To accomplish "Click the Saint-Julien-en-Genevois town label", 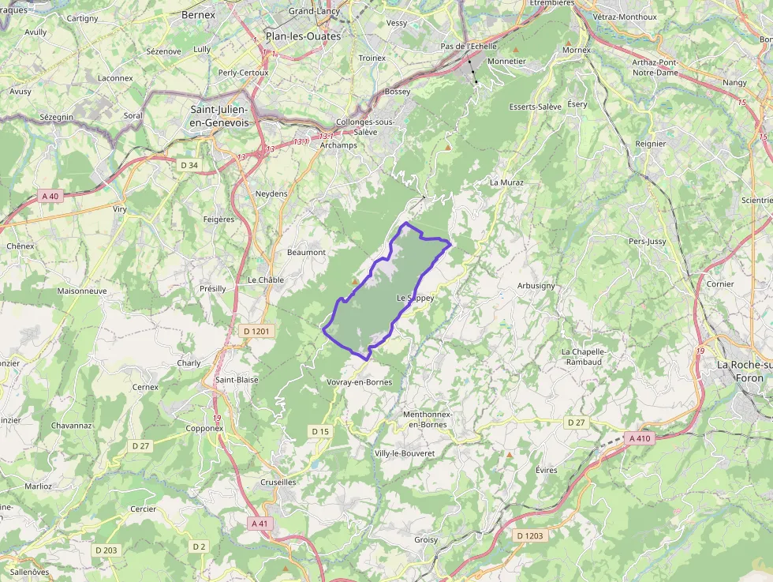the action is pos(219,116).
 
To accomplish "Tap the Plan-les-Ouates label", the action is pos(303,36).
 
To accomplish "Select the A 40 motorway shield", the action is pos(50,196).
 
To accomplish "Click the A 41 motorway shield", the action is pos(259,523).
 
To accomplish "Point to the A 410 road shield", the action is pos(639,437).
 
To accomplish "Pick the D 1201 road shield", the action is pos(256,332).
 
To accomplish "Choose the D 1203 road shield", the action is pos(530,535).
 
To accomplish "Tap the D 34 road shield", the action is pos(189,165).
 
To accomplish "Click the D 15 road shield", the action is pos(319,431).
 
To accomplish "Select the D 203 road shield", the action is pos(106,550).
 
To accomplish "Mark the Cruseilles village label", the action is pos(278,482).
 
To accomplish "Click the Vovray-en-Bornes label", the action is pos(359,382).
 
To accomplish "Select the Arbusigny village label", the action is pos(536,285).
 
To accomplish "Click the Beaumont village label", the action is pos(306,252).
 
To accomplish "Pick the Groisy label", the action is pos(426,540).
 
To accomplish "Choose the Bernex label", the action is pos(198,14).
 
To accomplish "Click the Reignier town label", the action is pos(651,144).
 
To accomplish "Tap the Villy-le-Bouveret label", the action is pos(405,453).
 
